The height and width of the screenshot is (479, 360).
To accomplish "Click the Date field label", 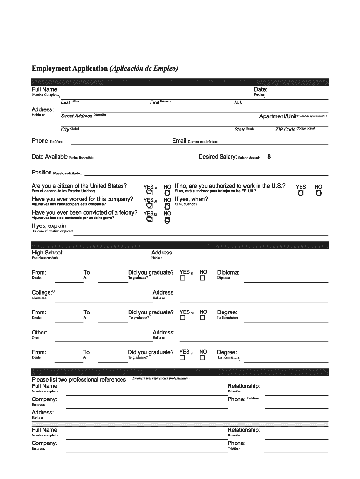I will (260, 89).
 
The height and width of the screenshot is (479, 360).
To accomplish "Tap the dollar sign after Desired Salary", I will (269, 157).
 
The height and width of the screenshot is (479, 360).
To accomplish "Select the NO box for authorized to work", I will (318, 193).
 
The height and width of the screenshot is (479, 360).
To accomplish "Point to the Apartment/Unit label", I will (278, 116).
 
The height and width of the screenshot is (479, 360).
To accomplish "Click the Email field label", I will (179, 141).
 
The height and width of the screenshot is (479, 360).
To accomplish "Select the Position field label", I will (42, 173).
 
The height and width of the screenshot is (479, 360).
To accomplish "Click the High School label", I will (48, 253).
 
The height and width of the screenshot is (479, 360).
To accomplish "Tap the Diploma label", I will (228, 272).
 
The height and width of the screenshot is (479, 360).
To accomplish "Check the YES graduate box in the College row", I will (183, 318).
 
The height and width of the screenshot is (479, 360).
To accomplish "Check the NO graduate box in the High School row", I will (202, 278).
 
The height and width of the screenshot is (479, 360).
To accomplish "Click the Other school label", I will (39, 333).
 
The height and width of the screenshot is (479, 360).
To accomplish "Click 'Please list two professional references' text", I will (79, 380).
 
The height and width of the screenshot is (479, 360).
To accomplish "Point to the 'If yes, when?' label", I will (191, 199).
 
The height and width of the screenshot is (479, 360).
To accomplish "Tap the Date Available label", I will (50, 157).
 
